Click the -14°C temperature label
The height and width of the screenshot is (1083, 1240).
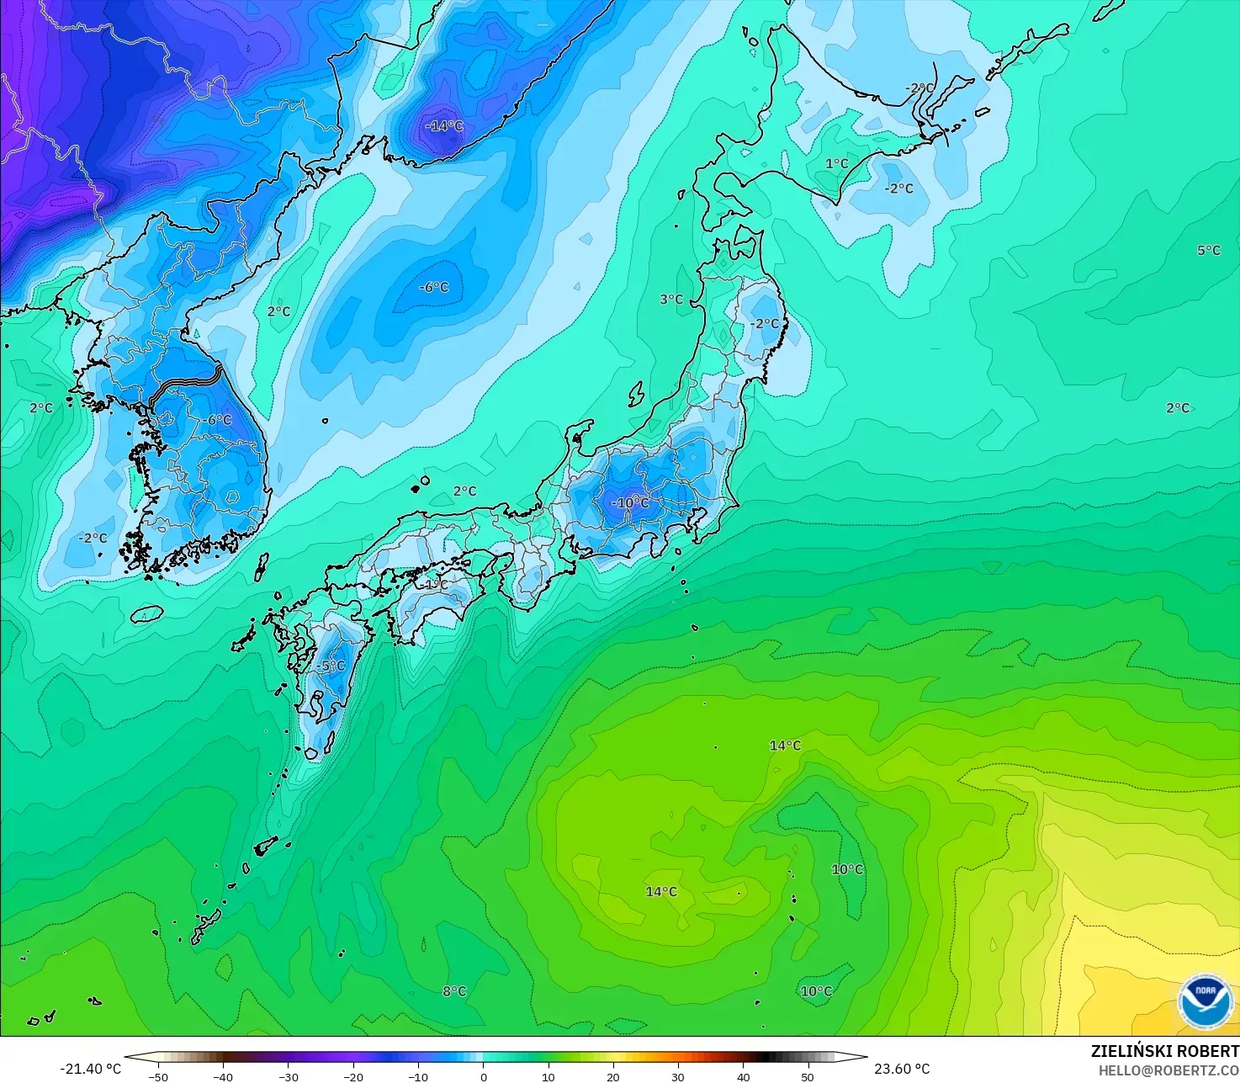pyautogui.click(x=444, y=126)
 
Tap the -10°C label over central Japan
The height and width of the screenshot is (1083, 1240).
pyautogui.click(x=630, y=503)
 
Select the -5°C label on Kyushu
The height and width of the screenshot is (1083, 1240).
pyautogui.click(x=331, y=666)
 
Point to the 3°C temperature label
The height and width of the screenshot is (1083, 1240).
pyautogui.click(x=671, y=300)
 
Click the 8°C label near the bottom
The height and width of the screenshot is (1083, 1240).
pyautogui.click(x=454, y=991)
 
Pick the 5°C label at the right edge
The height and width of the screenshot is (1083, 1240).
pyautogui.click(x=1209, y=251)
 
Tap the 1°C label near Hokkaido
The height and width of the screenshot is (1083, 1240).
pyautogui.click(x=837, y=163)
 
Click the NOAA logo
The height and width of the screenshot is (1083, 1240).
pyautogui.click(x=1206, y=1001)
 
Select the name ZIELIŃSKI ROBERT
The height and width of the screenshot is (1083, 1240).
pyautogui.click(x=1164, y=1051)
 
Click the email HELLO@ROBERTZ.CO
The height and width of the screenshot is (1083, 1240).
pyautogui.click(x=1168, y=1070)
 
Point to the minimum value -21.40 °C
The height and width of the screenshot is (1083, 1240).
pyautogui.click(x=91, y=1069)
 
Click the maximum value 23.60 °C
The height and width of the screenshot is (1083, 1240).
pyautogui.click(x=902, y=1069)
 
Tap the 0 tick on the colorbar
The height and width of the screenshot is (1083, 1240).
pyautogui.click(x=484, y=1076)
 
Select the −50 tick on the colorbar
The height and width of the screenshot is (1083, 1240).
pyautogui.click(x=158, y=1076)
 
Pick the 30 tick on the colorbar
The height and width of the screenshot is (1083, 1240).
pyautogui.click(x=678, y=1076)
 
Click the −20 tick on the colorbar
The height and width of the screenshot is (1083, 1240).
pyautogui.click(x=353, y=1076)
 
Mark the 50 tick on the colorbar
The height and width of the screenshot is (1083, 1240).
pyautogui.click(x=808, y=1076)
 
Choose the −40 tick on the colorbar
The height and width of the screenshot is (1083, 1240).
pyautogui.click(x=223, y=1076)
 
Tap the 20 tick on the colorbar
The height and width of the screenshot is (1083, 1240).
pyautogui.click(x=613, y=1076)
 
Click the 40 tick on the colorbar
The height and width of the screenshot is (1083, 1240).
pyautogui.click(x=743, y=1076)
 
